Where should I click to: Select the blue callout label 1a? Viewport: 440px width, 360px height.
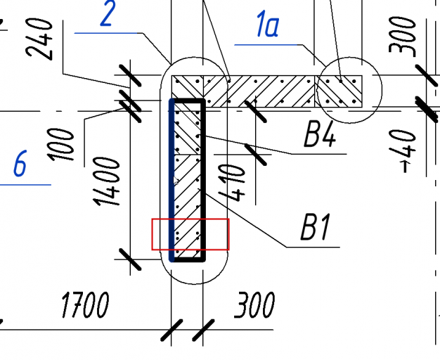coord(267,27)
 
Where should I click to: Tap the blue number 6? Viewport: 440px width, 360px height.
coord(20,166)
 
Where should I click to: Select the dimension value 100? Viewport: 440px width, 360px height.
coord(65,144)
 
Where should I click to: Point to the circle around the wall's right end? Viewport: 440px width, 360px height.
coord(348,91)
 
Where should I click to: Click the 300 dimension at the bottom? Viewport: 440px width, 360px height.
coord(254,306)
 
